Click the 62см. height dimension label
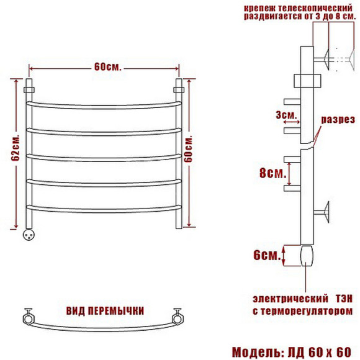(x=16, y=147)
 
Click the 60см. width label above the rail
(x=107, y=67)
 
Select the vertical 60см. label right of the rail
(x=189, y=149)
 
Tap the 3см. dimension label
(x=286, y=115)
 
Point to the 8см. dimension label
(x=272, y=173)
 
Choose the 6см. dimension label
(x=267, y=255)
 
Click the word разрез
(x=338, y=120)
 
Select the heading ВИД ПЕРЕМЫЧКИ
(x=105, y=311)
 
